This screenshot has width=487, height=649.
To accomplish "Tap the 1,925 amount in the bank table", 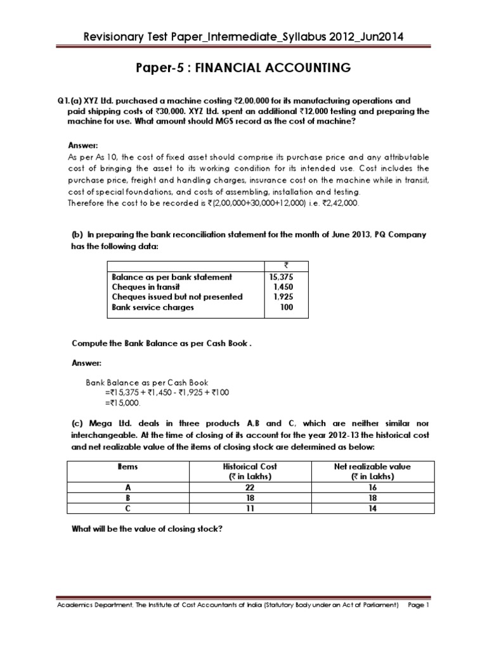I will pos(283,297).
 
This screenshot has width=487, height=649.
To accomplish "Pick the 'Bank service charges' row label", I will pos(153,307).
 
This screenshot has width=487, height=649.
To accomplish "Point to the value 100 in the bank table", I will pos(287,307).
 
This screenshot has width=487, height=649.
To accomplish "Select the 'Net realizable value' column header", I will pos(372,466).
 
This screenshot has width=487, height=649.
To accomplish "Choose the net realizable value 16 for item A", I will pos(372,488).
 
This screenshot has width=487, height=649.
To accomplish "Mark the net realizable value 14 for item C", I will pos(372,508).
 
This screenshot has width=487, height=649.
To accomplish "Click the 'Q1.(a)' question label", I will pos(66,101).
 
